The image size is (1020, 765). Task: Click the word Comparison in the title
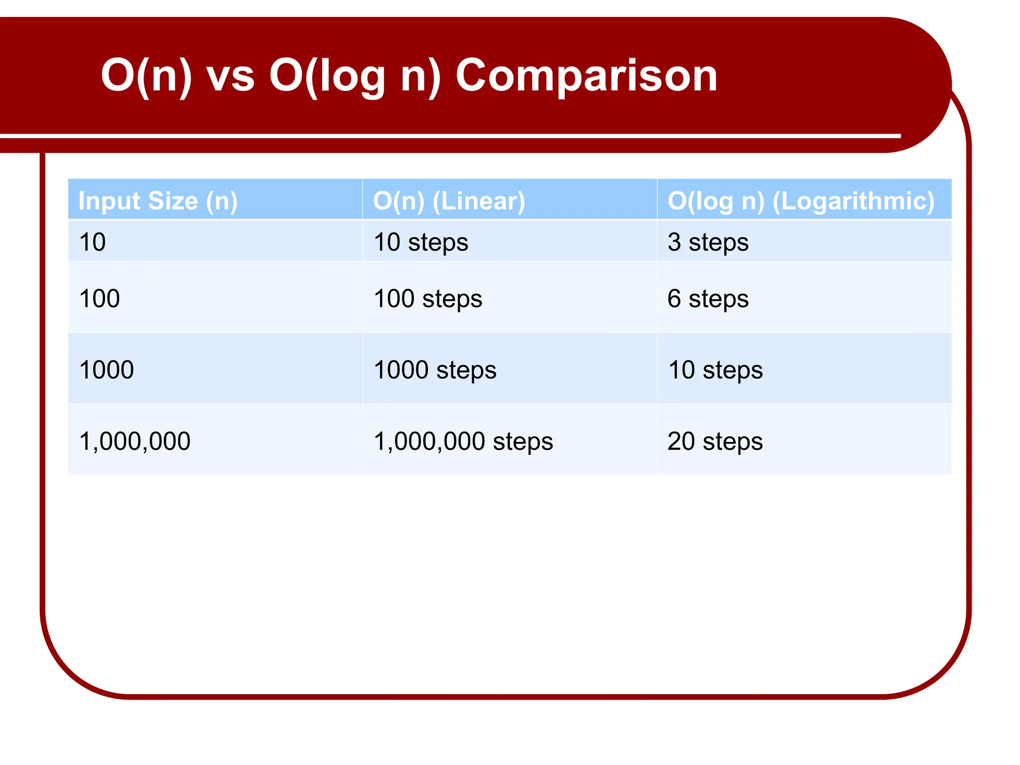click(586, 76)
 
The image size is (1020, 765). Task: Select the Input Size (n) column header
click(158, 201)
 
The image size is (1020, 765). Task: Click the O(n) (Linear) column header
click(449, 201)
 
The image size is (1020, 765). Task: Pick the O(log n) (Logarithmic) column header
click(800, 201)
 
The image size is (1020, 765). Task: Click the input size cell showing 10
click(93, 242)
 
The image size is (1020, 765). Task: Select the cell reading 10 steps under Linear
click(421, 242)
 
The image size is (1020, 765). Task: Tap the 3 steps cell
click(708, 242)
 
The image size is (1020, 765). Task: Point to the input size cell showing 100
click(100, 298)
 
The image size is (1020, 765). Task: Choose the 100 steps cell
click(428, 298)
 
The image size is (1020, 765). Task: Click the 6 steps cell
click(708, 298)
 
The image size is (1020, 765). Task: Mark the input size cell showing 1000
click(107, 370)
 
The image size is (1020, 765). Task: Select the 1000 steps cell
click(435, 370)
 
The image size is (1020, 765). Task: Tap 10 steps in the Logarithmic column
click(715, 370)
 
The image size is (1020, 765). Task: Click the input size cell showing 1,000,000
click(134, 441)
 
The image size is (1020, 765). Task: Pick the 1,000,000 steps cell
click(463, 441)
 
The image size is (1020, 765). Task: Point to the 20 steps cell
click(715, 441)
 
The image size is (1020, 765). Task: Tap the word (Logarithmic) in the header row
click(853, 201)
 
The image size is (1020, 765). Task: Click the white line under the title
click(448, 135)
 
